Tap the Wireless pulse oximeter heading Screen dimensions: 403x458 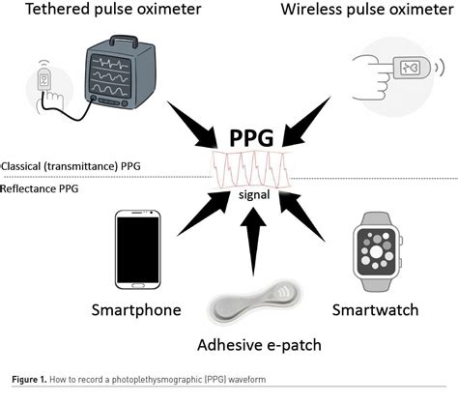[x=363, y=12]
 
